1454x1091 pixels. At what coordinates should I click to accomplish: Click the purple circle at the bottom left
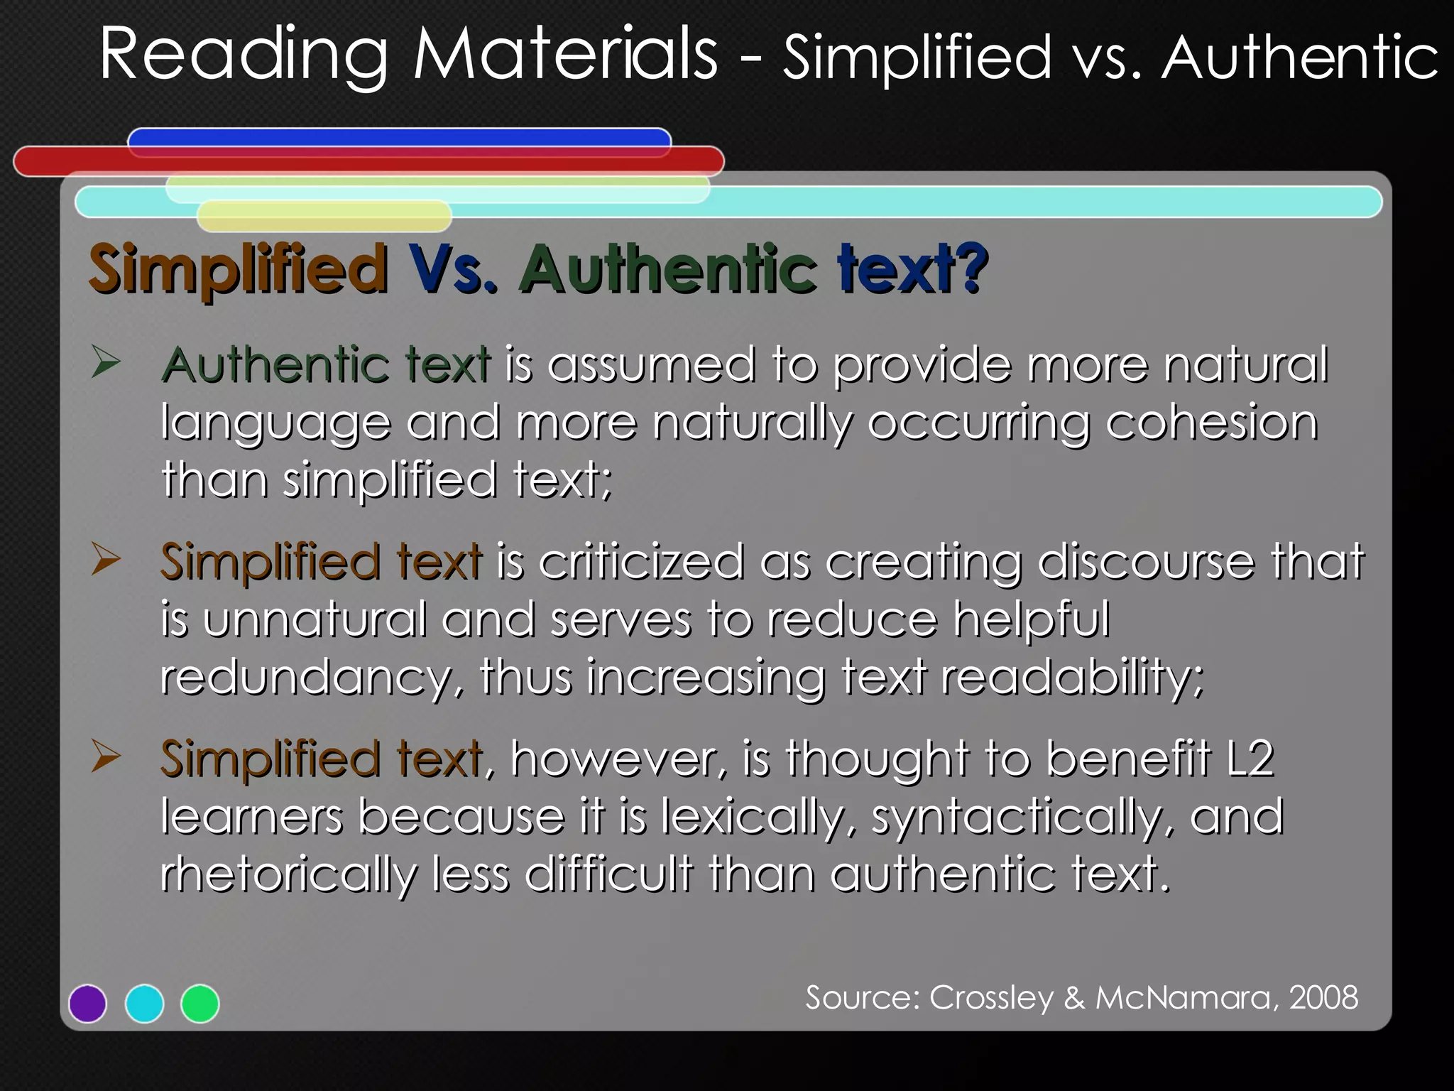pyautogui.click(x=87, y=1004)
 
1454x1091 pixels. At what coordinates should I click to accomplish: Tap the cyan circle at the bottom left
pyautogui.click(x=144, y=1004)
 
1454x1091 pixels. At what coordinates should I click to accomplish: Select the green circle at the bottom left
pyautogui.click(x=200, y=1004)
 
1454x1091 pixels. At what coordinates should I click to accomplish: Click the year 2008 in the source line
pyautogui.click(x=1323, y=998)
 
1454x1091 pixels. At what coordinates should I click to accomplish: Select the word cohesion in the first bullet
pyautogui.click(x=1211, y=423)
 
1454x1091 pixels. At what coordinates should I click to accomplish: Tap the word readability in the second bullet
pyautogui.click(x=1072, y=678)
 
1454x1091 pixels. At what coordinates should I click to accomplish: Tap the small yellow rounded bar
pyautogui.click(x=324, y=216)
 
